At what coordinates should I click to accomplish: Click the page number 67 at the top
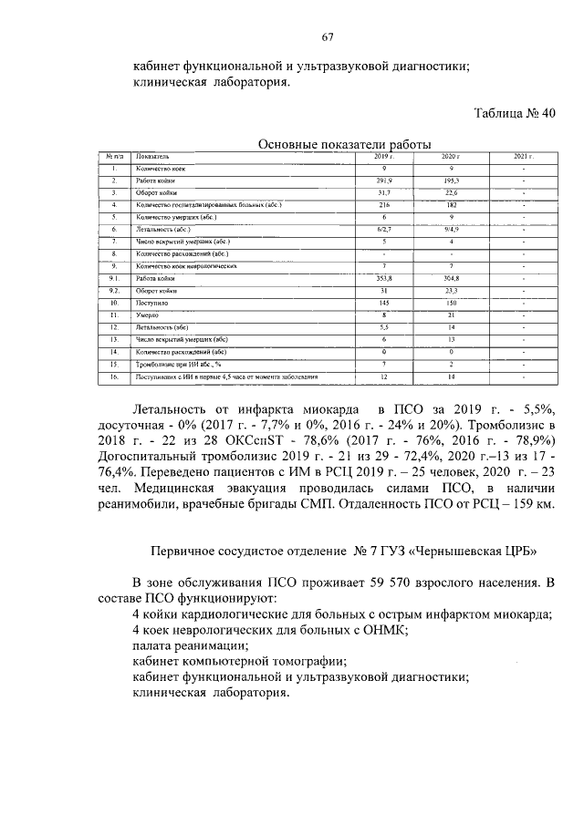[x=328, y=37]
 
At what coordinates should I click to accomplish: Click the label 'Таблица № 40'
[x=515, y=114]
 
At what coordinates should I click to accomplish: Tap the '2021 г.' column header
[x=523, y=157]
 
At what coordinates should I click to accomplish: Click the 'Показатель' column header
[x=151, y=157]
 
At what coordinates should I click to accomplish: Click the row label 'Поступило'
[x=152, y=301]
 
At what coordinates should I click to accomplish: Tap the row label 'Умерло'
[x=148, y=314]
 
